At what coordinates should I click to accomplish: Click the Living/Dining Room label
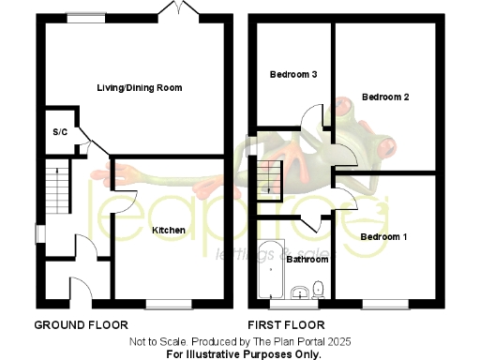(139, 87)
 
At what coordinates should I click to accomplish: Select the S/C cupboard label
(60, 132)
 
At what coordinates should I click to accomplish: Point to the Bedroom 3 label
(293, 75)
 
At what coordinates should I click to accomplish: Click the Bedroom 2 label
(385, 97)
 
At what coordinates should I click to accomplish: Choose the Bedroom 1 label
(383, 237)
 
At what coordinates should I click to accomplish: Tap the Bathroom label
(306, 259)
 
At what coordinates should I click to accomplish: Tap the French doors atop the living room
(172, 9)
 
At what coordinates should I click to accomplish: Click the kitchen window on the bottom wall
(169, 304)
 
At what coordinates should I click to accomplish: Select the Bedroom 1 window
(385, 304)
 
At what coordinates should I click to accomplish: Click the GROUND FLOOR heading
(81, 325)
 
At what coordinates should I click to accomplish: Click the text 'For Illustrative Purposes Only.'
(244, 354)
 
